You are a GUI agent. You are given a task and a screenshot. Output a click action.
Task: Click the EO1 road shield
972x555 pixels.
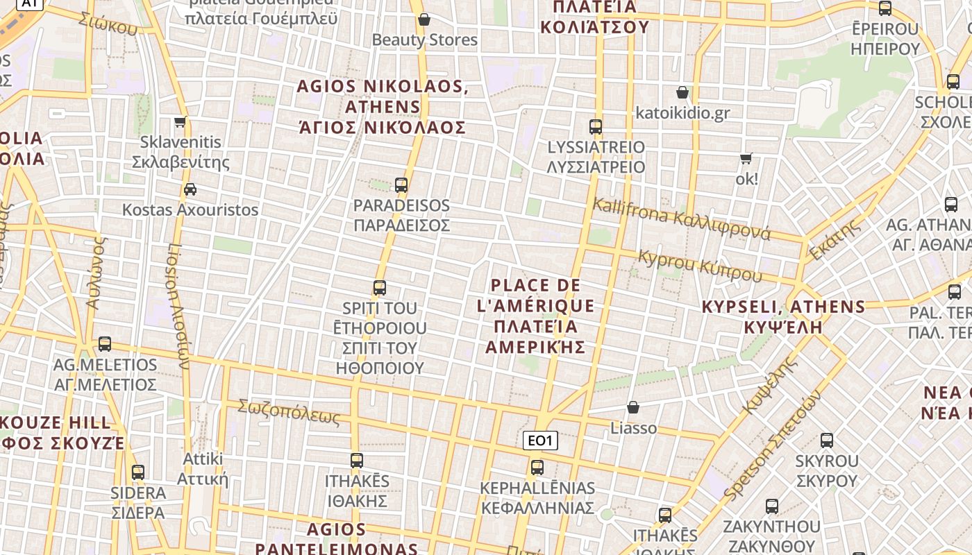click(x=539, y=441)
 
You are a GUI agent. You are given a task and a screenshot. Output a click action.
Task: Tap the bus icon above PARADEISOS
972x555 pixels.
click(x=401, y=185)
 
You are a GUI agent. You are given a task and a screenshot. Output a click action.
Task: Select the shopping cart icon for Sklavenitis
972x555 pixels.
click(x=181, y=122)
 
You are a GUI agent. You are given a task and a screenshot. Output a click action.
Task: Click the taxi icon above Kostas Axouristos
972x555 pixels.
click(x=190, y=189)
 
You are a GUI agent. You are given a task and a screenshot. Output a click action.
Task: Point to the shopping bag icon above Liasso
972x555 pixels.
click(x=632, y=407)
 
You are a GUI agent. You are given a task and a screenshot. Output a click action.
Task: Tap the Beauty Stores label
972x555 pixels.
click(x=425, y=40)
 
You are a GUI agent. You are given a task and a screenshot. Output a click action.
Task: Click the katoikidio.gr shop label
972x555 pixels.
click(x=682, y=112)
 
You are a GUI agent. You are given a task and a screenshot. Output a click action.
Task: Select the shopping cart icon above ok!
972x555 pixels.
click(x=746, y=158)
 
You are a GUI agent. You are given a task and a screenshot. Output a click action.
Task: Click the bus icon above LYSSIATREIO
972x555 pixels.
click(x=596, y=127)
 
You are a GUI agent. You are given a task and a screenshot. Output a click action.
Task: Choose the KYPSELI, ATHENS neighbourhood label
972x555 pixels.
click(x=783, y=316)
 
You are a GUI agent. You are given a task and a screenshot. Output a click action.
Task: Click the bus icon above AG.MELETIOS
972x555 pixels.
click(x=105, y=343)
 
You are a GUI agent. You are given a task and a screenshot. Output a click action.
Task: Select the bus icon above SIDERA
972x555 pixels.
click(x=138, y=472)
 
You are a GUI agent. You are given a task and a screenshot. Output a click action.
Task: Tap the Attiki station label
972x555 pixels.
click(x=203, y=468)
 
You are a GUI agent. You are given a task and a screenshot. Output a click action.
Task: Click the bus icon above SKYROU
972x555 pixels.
click(x=826, y=441)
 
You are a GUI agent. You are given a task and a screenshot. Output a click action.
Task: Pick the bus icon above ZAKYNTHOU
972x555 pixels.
click(x=771, y=506)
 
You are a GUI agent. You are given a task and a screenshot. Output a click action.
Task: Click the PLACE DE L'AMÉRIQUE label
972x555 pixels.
click(x=535, y=316)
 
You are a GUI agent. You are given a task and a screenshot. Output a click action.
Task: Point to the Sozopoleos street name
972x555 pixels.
click(x=289, y=412)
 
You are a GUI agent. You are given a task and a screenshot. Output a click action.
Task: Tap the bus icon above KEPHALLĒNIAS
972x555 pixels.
click(x=537, y=468)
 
